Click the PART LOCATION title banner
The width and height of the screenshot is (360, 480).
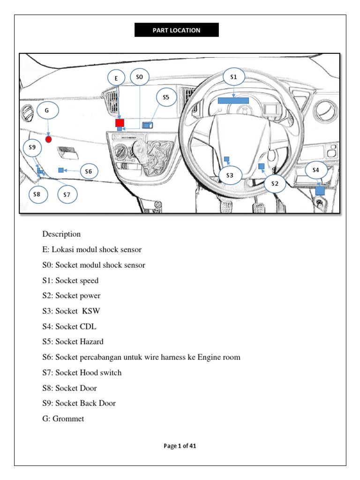[176, 30]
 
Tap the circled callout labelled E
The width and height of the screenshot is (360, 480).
[115, 79]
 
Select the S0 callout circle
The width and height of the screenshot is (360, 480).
[139, 76]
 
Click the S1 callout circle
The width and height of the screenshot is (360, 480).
[233, 76]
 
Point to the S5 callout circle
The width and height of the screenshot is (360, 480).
[165, 97]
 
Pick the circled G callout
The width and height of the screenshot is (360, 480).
[46, 112]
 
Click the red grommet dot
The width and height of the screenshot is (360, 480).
[48, 139]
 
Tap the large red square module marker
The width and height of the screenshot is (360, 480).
[120, 122]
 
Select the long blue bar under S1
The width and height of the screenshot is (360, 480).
[233, 100]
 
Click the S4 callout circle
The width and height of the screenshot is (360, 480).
[315, 170]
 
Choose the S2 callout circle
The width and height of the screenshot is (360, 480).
[275, 184]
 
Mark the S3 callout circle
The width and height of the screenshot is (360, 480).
[230, 175]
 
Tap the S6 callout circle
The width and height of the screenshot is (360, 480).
[89, 172]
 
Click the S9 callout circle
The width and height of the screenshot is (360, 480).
[32, 148]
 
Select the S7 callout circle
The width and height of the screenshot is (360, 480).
[67, 194]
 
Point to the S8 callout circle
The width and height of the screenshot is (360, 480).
[37, 194]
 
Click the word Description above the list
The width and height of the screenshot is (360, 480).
[61, 234]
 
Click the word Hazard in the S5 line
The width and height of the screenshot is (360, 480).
[91, 342]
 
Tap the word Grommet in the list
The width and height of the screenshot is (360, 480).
[69, 419]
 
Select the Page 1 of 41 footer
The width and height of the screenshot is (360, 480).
[180, 446]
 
